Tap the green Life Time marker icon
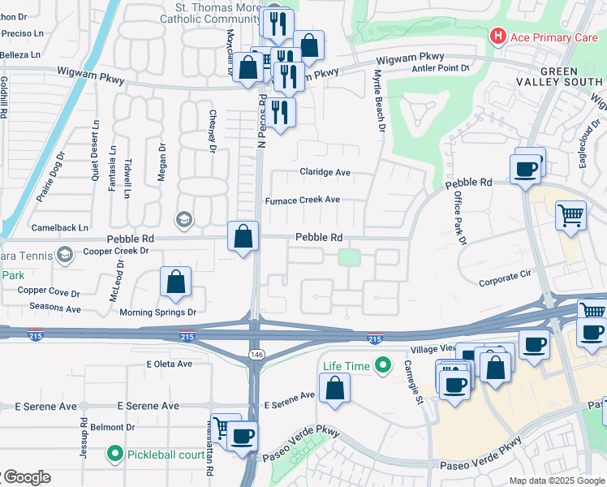[x=379, y=366]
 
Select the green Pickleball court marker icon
[x=116, y=454]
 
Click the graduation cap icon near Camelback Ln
[x=183, y=219]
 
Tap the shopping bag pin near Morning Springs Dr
[x=176, y=282]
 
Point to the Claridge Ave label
[x=325, y=172]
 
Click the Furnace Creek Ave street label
[x=303, y=200]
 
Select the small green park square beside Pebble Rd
[x=349, y=257]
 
